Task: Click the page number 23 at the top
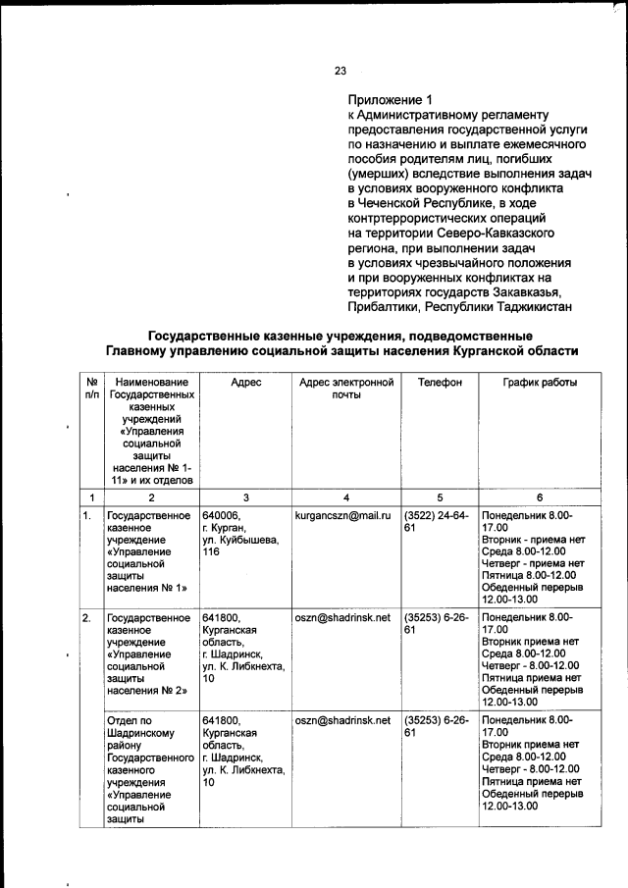pyautogui.click(x=340, y=70)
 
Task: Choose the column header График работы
pyautogui.click(x=540, y=382)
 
